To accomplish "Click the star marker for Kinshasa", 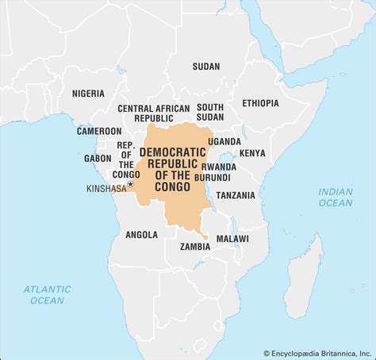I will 130,183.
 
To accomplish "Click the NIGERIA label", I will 88,93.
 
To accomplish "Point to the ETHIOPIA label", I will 261,103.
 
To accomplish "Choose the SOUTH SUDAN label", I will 210,113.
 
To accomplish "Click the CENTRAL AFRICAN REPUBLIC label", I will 154,113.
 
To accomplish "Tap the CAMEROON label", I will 99,131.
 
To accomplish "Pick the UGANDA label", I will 224,141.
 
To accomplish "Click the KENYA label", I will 252,152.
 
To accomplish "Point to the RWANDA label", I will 219,167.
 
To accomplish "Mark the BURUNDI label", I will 220,178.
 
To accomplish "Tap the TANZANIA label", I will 236,195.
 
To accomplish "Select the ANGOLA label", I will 141,234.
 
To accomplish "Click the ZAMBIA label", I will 194,246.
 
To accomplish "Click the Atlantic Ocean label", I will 47,295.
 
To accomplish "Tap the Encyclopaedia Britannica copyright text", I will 317,352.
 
